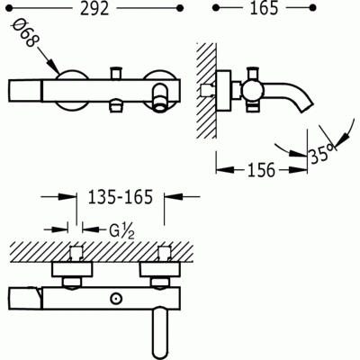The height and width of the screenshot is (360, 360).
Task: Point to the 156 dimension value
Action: point(261,168)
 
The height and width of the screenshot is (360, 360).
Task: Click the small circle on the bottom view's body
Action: point(118,297)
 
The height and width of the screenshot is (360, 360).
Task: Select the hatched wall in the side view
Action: point(205,90)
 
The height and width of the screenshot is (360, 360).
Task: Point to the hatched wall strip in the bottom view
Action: point(108,247)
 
